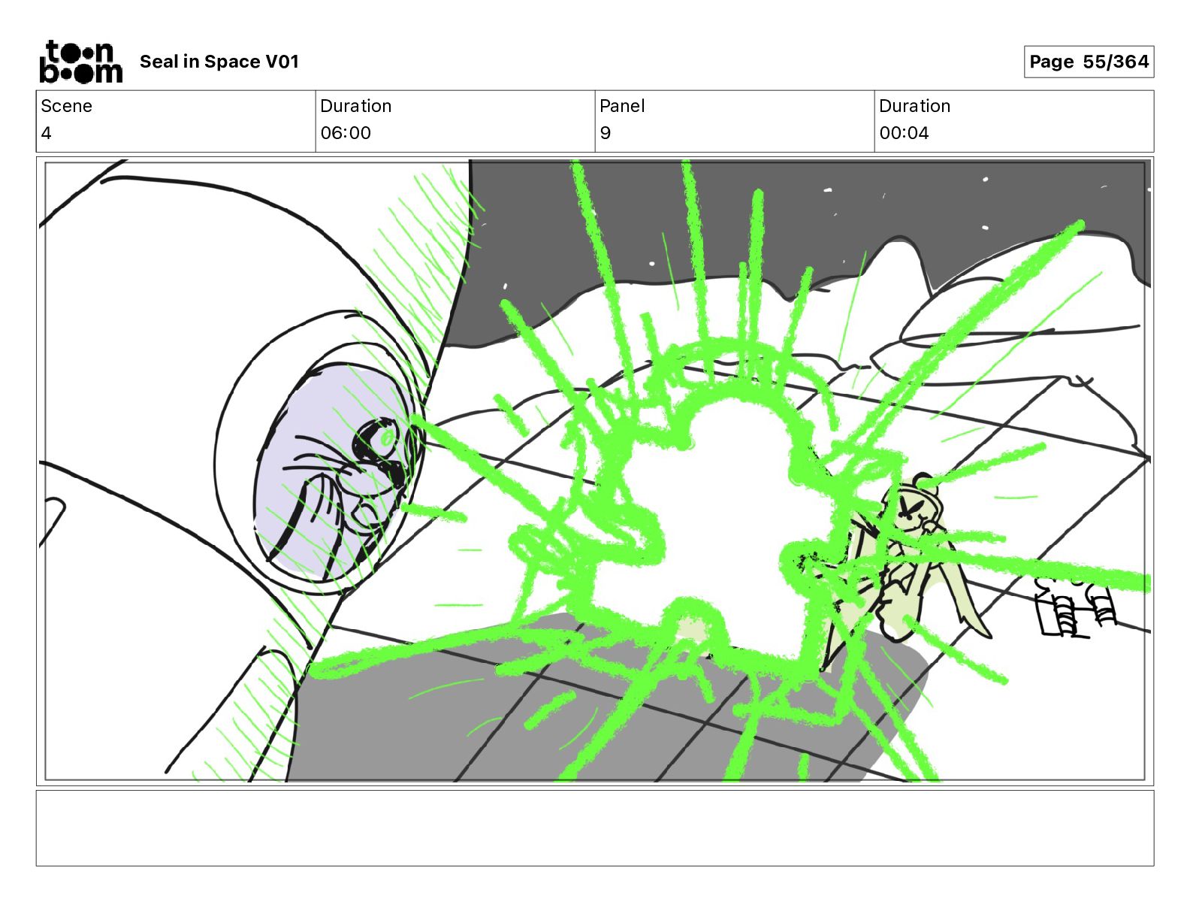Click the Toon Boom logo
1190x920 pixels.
pos(81,62)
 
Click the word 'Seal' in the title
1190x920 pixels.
pos(159,62)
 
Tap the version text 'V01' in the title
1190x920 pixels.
pos(282,62)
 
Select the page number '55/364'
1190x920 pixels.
pos(1116,62)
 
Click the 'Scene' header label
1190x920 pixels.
pos(66,106)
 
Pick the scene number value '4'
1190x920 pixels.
pos(46,132)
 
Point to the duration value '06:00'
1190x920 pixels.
pos(346,132)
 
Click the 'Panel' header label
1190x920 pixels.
pos(622,106)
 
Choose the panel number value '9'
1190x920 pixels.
pos(605,132)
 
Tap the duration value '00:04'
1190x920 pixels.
pos(904,132)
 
